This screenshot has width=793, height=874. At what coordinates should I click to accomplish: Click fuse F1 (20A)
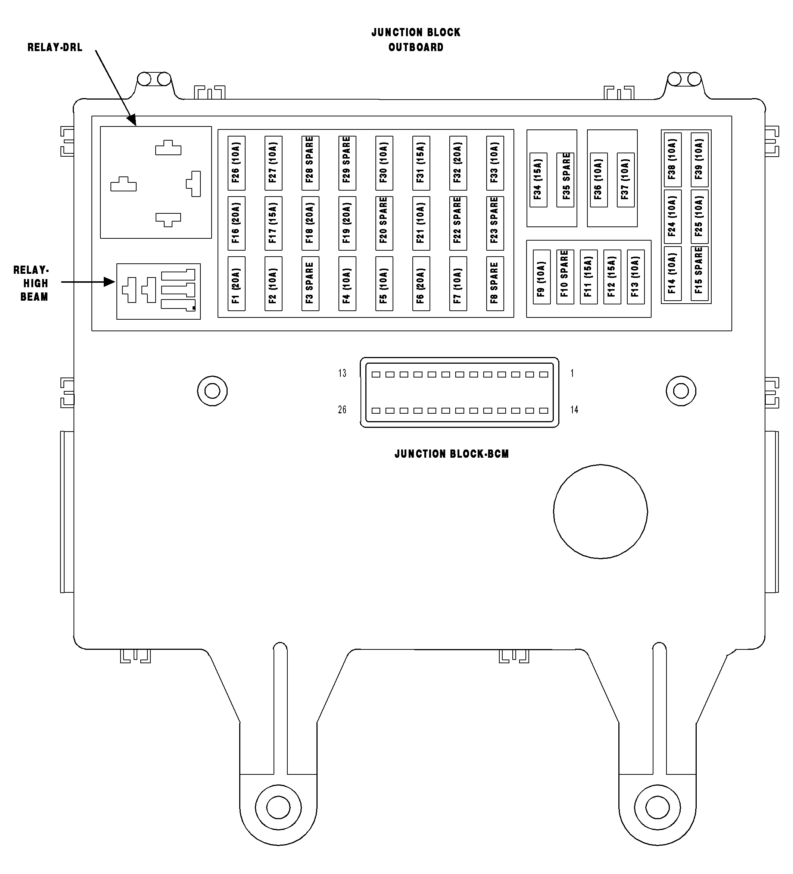point(237,283)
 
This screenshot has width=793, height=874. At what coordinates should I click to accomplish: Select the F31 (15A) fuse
point(421,163)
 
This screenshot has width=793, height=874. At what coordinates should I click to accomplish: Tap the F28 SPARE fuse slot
point(310,163)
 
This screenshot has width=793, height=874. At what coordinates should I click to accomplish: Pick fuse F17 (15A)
point(273,223)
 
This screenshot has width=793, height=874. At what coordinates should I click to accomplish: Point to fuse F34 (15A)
point(538,180)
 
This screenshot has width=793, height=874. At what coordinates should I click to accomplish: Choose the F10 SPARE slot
point(565,276)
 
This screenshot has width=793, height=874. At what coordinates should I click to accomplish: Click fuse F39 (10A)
point(699,160)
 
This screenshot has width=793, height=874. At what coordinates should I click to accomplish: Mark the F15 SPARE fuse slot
point(699,273)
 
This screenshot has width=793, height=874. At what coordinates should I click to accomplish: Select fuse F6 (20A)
point(421,283)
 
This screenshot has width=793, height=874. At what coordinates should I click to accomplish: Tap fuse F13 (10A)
point(636,276)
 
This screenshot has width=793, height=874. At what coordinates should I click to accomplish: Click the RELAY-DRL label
point(54,47)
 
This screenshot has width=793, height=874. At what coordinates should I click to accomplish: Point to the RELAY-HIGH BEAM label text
point(31,283)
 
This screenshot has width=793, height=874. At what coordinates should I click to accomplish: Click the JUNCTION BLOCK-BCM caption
point(452,454)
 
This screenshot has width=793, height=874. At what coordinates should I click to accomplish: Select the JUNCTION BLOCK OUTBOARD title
point(416,40)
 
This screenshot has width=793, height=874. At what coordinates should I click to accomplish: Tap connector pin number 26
point(342,410)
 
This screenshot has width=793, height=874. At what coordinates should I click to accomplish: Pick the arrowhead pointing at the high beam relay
point(109,282)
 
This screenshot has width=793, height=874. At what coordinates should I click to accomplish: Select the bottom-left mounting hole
point(278,808)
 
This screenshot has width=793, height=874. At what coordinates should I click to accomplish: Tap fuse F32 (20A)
point(458,163)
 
